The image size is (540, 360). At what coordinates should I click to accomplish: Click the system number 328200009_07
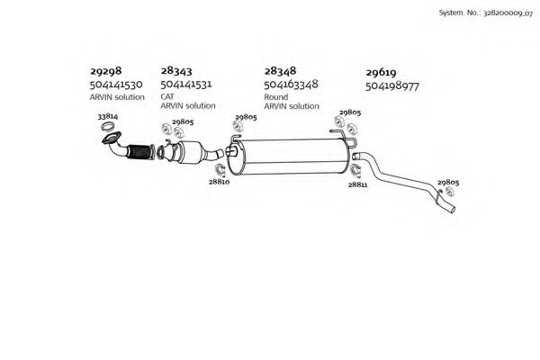[508, 13]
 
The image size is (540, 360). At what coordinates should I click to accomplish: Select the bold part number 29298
[105, 71]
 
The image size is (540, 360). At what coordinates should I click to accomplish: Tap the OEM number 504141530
[116, 85]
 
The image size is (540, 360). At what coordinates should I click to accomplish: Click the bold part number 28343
[176, 71]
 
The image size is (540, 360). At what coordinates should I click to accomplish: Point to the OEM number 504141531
[186, 84]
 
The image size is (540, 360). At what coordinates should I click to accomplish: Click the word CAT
[167, 96]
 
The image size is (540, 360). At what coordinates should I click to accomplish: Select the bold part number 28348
[280, 71]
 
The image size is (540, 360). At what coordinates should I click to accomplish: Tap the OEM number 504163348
[291, 85]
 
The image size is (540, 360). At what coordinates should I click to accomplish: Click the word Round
[276, 97]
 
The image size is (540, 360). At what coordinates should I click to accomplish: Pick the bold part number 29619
[381, 73]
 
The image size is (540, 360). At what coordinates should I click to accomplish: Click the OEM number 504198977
[392, 86]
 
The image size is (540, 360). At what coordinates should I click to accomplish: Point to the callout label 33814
[108, 116]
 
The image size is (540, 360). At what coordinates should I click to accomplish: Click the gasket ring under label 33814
[107, 127]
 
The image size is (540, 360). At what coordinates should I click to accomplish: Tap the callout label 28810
[219, 182]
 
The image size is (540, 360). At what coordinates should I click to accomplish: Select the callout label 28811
[357, 184]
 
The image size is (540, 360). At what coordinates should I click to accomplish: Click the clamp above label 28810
[220, 170]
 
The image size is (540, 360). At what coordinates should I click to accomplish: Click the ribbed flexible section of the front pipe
[140, 152]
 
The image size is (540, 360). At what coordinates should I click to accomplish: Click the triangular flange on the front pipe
[112, 138]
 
